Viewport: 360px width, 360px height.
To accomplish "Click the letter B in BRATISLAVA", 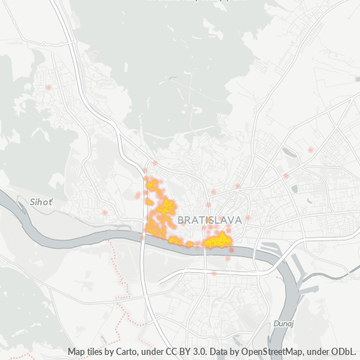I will [179, 219].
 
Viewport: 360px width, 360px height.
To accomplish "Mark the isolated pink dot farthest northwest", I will [48, 88].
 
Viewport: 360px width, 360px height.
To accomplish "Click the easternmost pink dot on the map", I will [310, 150].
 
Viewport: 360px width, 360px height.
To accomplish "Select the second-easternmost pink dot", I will [286, 176].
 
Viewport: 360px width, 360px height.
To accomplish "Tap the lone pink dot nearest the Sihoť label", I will [105, 213].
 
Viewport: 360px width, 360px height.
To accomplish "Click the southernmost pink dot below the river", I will [214, 273].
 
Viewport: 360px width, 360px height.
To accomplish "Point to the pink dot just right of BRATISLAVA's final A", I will [248, 217].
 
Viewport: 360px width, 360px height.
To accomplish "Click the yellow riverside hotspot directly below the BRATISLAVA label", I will [217, 240].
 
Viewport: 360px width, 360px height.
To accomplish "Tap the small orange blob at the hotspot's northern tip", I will [152, 186].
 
